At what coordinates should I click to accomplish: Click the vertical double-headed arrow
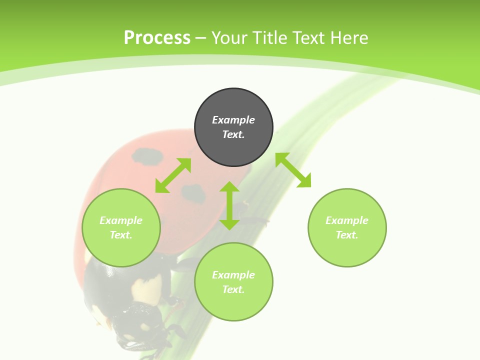[229, 205]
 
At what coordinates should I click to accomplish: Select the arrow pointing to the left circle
[173, 175]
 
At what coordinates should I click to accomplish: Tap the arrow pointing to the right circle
[293, 170]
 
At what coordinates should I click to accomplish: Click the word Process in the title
[157, 38]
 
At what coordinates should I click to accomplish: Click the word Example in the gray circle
[233, 120]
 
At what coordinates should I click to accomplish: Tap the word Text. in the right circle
[347, 235]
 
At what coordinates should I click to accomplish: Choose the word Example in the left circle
[121, 220]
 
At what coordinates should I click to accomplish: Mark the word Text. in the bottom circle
[233, 289]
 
